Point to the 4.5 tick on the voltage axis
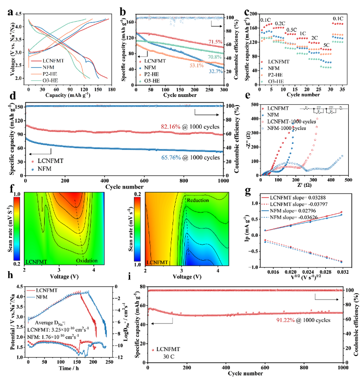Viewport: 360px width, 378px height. [21, 14]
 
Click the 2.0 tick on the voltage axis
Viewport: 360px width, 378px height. [21, 78]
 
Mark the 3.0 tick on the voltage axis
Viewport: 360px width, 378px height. [21, 53]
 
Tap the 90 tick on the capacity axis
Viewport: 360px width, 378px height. [70, 90]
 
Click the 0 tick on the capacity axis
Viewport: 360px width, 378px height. [28, 90]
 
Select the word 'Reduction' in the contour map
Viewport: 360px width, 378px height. [198, 200]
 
